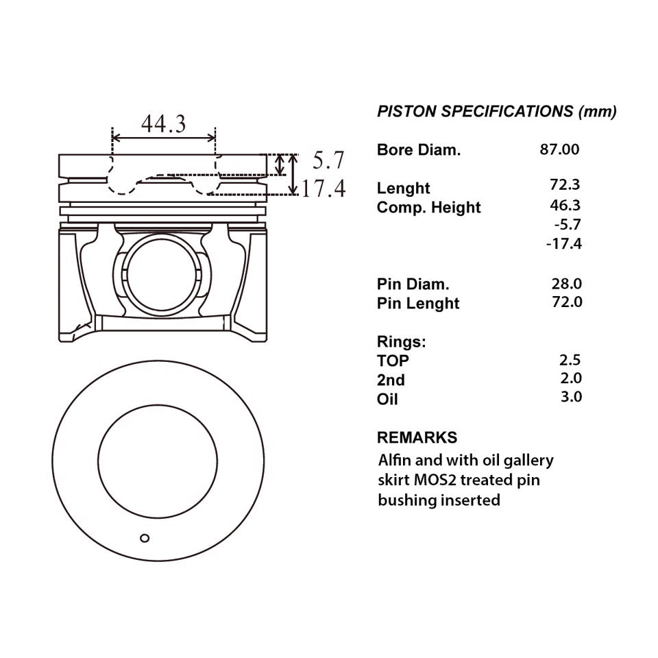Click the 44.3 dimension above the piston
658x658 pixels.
coord(163,124)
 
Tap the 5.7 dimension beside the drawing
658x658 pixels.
coord(328,160)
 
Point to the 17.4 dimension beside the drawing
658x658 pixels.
coord(324,188)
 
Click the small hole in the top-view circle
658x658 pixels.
coord(145,538)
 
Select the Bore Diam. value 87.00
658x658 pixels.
coord(559,149)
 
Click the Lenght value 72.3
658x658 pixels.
coord(565,184)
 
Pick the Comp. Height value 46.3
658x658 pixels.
coord(565,205)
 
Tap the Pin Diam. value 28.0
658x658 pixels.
coord(567,284)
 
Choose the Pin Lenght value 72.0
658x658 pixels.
coord(567,302)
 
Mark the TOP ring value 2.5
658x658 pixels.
coord(570,360)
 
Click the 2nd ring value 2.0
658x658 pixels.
coord(571,378)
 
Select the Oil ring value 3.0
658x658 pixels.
coord(571,397)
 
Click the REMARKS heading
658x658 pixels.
coord(417,437)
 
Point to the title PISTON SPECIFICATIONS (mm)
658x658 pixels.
coord(497,111)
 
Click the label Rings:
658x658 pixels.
coord(401,341)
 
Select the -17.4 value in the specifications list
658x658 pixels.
coord(564,243)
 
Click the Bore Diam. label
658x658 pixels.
coord(419,150)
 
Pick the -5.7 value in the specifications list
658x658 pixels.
coord(568,225)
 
